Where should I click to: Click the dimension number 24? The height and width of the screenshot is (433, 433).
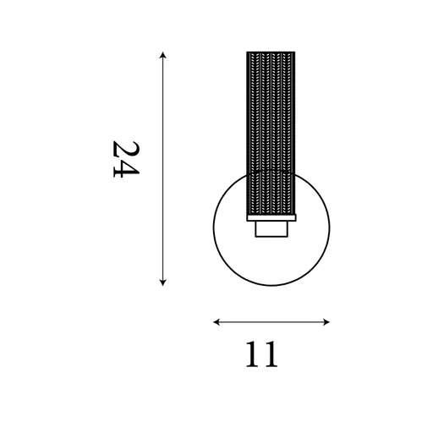(124, 158)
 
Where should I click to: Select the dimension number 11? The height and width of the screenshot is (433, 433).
(263, 355)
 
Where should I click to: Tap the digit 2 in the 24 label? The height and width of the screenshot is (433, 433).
(124, 147)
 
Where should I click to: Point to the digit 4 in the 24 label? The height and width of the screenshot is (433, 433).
(124, 169)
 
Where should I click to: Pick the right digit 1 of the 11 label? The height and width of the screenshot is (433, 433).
(272, 355)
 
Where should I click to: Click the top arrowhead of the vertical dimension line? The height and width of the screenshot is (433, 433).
(162, 54)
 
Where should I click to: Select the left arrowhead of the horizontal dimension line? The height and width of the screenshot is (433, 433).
(216, 321)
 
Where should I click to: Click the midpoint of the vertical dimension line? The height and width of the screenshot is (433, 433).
(162, 168)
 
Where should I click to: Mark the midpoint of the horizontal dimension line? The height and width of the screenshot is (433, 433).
(271, 321)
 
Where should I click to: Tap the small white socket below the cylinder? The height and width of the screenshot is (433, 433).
(271, 229)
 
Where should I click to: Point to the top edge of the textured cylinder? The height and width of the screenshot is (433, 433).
(270, 52)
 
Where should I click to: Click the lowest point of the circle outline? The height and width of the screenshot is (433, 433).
(271, 285)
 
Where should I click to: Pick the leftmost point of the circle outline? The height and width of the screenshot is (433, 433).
(213, 227)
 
